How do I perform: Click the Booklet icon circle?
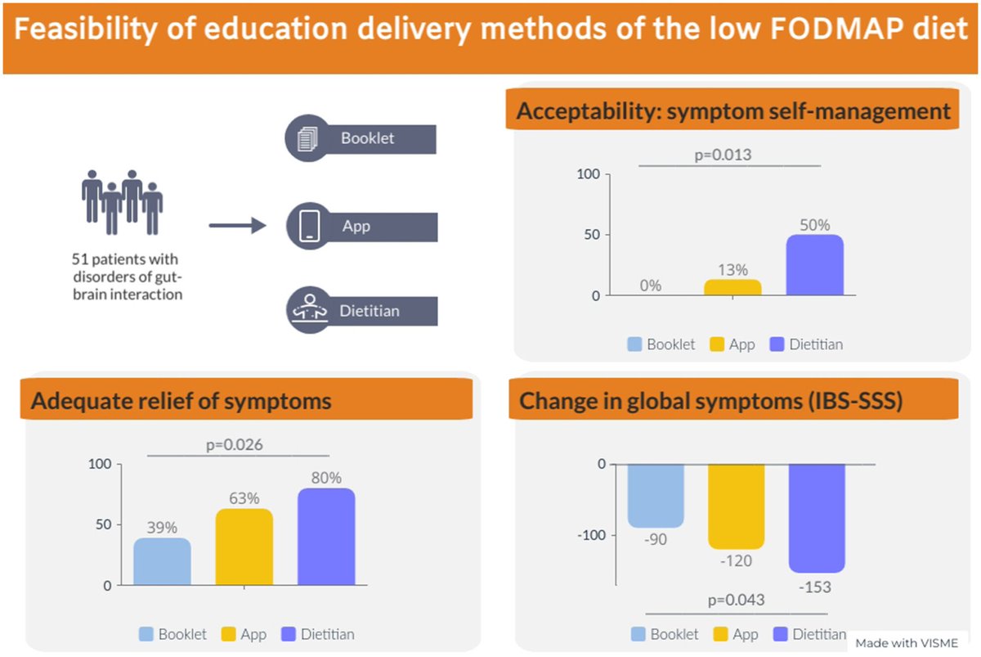pyautogui.click(x=307, y=138)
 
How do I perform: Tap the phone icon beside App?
pyautogui.click(x=309, y=225)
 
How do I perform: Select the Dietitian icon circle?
pyautogui.click(x=307, y=311)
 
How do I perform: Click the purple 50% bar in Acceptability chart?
pyautogui.click(x=814, y=265)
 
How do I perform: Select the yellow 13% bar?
pyautogui.click(x=732, y=287)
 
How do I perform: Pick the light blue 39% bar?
pyautogui.click(x=162, y=562)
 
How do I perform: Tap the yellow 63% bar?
pyautogui.click(x=244, y=547)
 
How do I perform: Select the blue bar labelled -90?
pyautogui.click(x=656, y=496)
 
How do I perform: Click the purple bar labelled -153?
pyautogui.click(x=816, y=518)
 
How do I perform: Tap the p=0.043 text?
pyautogui.click(x=735, y=601)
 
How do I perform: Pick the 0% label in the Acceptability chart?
pyautogui.click(x=651, y=286)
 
